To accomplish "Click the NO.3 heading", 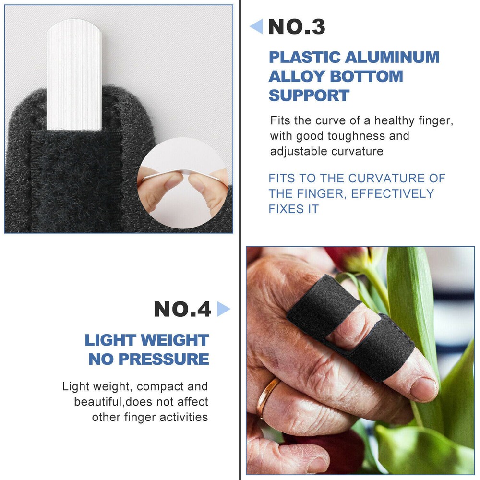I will click(297, 27).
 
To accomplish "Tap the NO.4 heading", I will click(182, 310).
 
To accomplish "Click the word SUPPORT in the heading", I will click(309, 95).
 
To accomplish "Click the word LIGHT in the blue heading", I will click(109, 340).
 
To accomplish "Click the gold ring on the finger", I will click(267, 396).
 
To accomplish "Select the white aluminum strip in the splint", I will click(74, 74).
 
